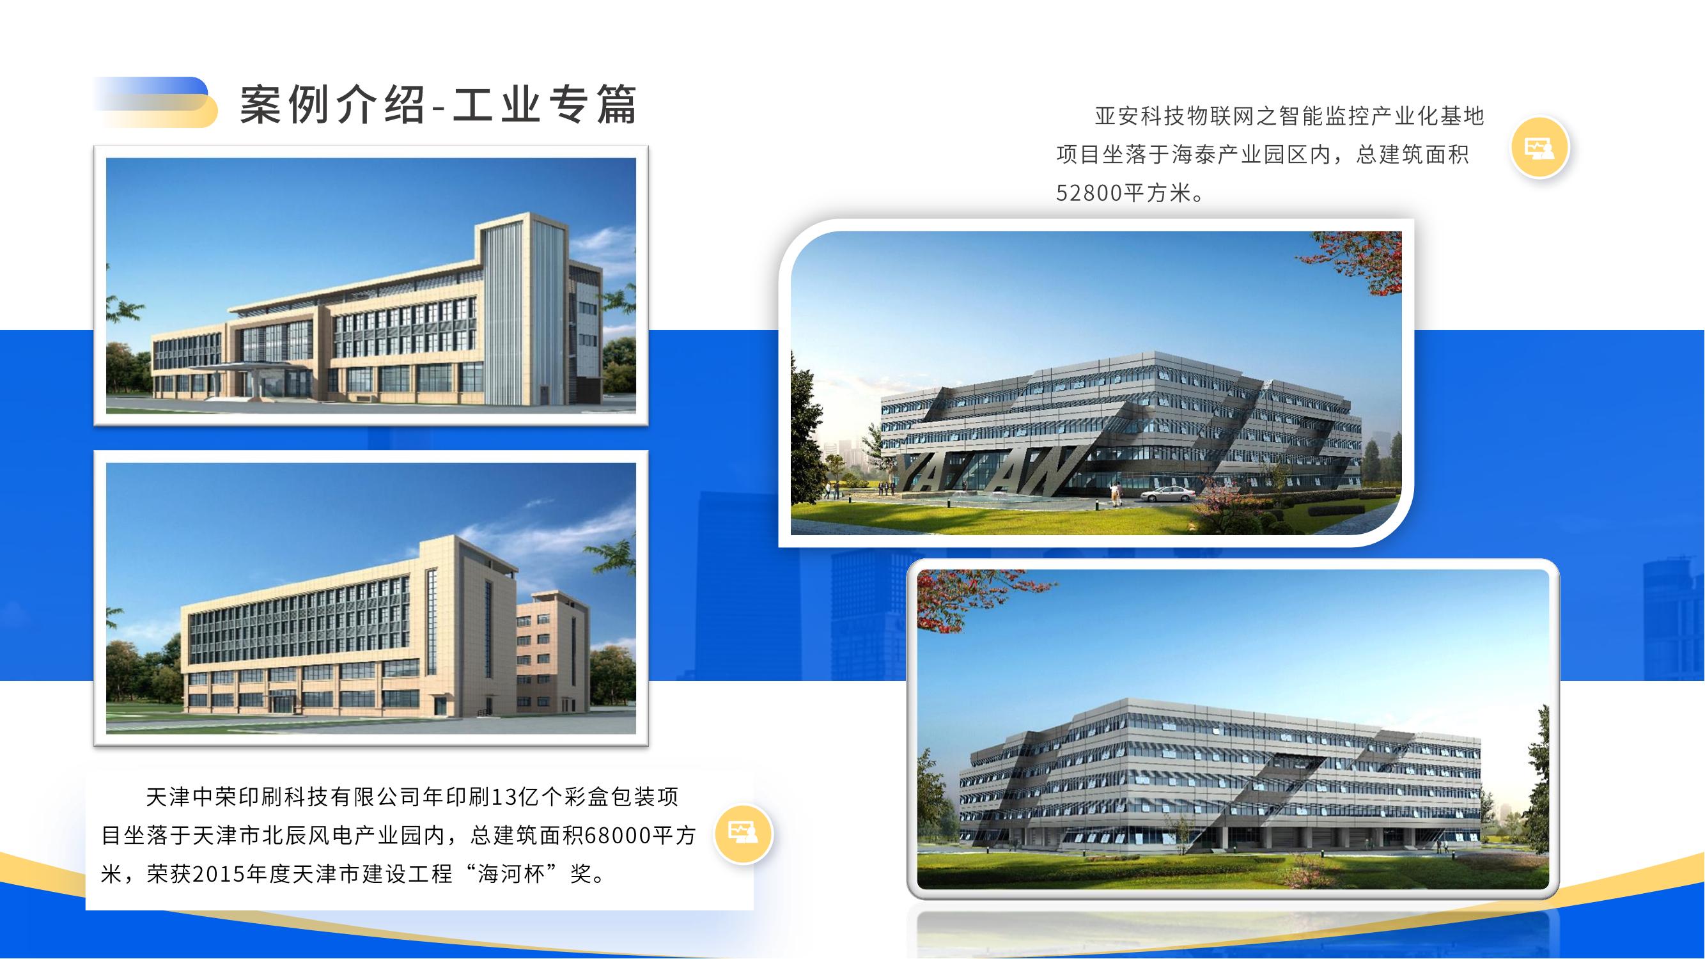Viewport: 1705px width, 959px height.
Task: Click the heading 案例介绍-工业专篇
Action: pyautogui.click(x=437, y=105)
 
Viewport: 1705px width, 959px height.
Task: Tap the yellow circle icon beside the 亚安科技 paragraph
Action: pyautogui.click(x=1539, y=148)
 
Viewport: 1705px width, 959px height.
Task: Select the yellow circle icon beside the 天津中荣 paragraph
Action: pyautogui.click(x=744, y=834)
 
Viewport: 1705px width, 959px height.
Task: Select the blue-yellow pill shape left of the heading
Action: pyautogui.click(x=156, y=102)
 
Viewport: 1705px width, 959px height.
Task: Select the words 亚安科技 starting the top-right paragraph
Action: pyautogui.click(x=1139, y=116)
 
